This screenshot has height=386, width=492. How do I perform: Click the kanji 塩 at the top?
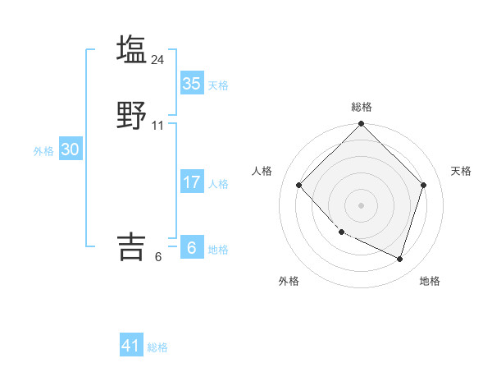point(131,49)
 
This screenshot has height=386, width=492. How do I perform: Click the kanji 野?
point(131,116)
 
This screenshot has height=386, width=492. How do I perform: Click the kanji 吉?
point(131,246)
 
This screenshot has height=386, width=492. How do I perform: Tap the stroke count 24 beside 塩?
point(158,59)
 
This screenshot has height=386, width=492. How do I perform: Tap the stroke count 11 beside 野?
point(158,126)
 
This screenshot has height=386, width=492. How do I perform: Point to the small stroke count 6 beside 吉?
point(158,257)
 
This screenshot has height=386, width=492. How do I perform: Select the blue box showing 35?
point(191,84)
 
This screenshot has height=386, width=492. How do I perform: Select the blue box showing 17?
point(191,182)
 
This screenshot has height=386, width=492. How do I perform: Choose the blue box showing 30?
point(70,149)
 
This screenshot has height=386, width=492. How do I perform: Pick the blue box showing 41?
point(131,346)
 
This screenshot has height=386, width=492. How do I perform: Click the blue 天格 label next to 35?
point(218,85)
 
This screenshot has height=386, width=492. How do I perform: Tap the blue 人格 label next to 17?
point(218,184)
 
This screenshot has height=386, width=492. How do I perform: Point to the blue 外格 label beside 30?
point(43,151)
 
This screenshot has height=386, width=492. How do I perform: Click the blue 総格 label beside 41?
point(157,347)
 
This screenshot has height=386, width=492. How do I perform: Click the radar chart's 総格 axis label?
point(361,107)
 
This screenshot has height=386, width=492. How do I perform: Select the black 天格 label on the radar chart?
point(461,171)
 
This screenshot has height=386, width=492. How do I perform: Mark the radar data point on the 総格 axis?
point(361,125)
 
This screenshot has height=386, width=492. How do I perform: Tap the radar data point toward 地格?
point(400,259)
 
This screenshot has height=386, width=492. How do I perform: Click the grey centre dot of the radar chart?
point(361,204)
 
